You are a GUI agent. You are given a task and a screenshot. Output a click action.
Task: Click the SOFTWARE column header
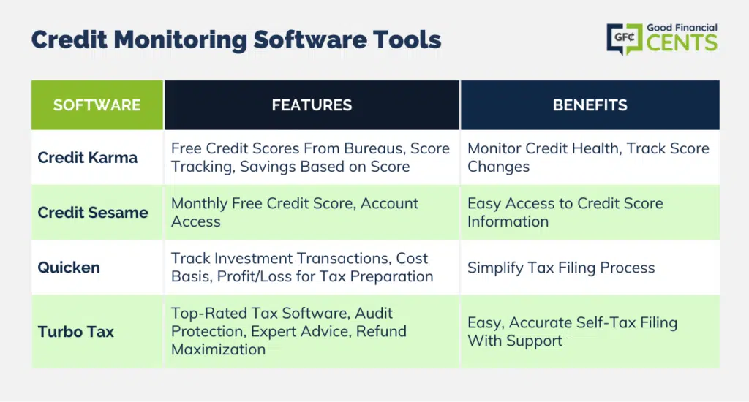point(97,105)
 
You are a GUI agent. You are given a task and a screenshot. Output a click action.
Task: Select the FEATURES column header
point(312,105)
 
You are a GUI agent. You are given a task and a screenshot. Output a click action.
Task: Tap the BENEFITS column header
point(590,105)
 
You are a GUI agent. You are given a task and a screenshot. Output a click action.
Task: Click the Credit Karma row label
point(88,158)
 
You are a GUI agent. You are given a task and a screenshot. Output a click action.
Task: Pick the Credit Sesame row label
point(93,213)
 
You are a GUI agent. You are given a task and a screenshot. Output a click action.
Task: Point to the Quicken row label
point(69,268)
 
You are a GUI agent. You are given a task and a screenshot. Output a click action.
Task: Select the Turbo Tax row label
point(76,332)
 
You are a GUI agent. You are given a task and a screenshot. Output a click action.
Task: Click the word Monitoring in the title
point(180,40)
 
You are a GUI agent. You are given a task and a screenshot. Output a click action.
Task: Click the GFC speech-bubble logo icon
point(625,39)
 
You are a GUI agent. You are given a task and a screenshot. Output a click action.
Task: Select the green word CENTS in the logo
point(682,43)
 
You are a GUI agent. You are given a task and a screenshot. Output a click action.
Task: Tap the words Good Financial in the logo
point(682,28)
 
